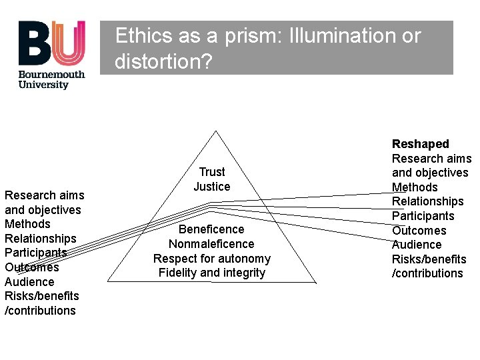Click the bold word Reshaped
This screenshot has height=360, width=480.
421,144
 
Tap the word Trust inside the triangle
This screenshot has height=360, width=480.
212,172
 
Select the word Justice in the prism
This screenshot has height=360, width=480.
212,187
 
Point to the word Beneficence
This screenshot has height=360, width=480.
211,229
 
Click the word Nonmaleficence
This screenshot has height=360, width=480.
211,244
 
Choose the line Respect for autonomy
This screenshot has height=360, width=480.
211,259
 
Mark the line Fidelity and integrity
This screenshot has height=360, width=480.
211,273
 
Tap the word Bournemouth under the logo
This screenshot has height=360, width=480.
52,74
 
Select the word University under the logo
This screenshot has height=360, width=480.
43,85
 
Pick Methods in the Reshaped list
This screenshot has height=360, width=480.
415,187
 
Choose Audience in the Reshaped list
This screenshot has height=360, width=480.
417,245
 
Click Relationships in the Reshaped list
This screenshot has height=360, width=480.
427,201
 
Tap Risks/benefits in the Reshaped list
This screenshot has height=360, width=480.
429,259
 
